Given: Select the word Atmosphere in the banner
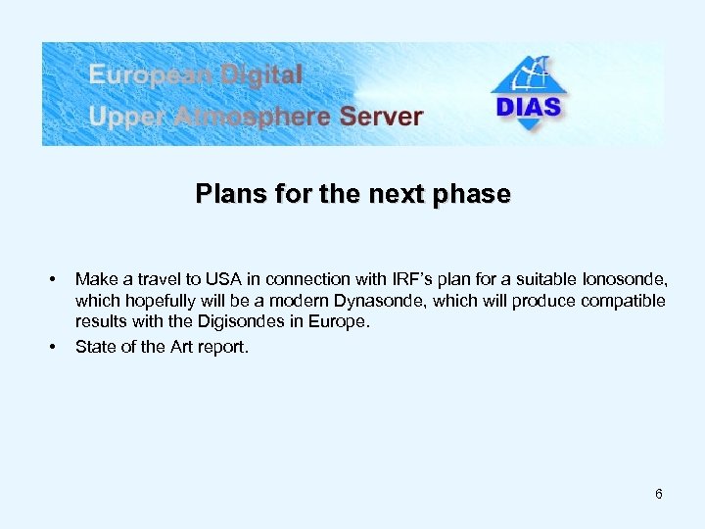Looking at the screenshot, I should [249, 117].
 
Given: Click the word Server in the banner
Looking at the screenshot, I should [381, 117].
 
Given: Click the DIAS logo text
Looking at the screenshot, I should [529, 107].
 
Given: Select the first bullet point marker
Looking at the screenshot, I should [50, 281].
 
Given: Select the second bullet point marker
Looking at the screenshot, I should [50, 347].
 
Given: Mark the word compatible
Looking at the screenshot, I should [623, 301].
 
